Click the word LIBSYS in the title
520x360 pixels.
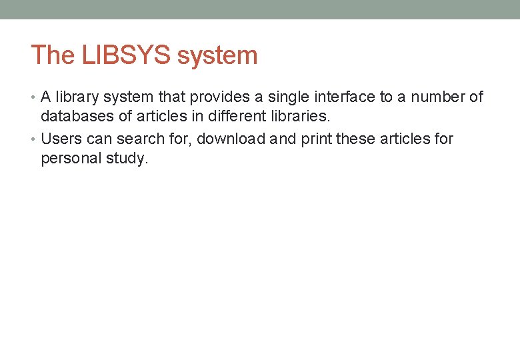pos(127,55)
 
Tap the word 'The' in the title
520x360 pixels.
pos(53,55)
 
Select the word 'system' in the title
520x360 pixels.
pos(217,55)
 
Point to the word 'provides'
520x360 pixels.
pos(218,97)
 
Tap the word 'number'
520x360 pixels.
pos(438,97)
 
